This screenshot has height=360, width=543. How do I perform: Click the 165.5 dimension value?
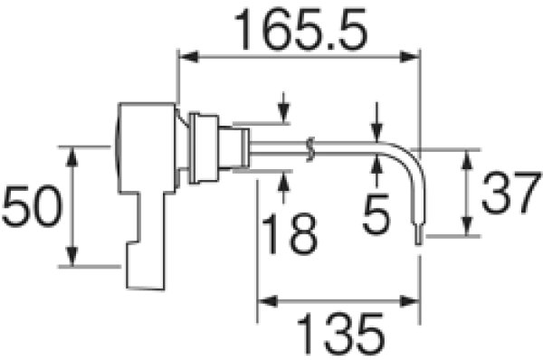(300, 30)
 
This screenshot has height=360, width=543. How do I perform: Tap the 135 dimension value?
(341, 333)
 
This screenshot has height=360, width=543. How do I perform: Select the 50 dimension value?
(32, 206)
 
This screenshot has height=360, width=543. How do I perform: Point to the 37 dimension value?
(511, 194)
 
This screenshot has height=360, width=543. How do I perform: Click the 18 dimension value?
(290, 234)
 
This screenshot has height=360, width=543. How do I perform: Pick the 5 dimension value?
(376, 214)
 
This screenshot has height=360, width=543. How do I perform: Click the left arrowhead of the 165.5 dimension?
(189, 56)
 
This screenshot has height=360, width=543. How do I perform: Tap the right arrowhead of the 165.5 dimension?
(409, 56)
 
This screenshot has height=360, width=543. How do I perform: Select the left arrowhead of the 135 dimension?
(268, 301)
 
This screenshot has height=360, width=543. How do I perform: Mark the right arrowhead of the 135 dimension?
(409, 301)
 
